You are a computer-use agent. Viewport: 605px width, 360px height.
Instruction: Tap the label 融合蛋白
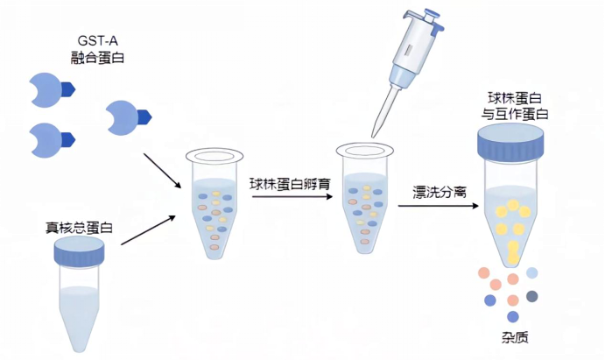[94, 58]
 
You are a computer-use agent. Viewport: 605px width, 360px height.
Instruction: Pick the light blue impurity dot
[531, 273]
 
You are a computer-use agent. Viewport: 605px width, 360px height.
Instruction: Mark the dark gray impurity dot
[531, 296]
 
